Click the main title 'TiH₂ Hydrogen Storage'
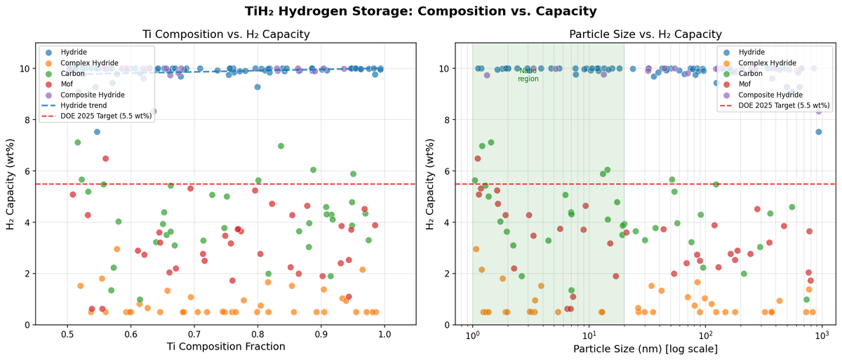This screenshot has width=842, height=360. (421, 11)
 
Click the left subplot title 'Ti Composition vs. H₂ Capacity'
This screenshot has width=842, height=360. (226, 34)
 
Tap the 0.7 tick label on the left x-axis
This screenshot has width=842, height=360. (194, 335)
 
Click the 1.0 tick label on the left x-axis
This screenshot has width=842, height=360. (385, 335)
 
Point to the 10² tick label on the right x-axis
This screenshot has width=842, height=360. (705, 335)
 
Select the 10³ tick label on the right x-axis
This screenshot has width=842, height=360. (822, 335)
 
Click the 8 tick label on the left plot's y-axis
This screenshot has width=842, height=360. (27, 120)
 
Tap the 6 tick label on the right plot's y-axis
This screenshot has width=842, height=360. (445, 171)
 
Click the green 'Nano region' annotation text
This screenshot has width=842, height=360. (528, 75)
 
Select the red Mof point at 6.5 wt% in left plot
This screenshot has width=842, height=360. (105, 159)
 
